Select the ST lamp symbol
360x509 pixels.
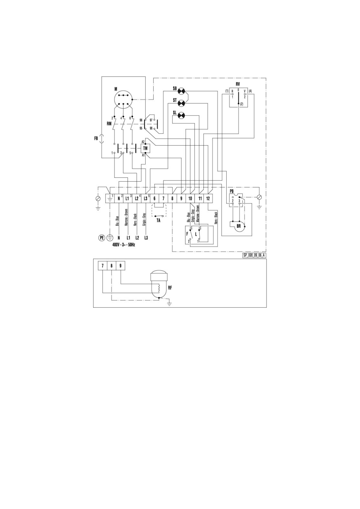pyautogui.click(x=182, y=103)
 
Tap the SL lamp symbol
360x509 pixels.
pyautogui.click(x=182, y=115)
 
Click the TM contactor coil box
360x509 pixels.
pyautogui.click(x=146, y=148)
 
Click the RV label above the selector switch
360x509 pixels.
pyautogui.click(x=238, y=85)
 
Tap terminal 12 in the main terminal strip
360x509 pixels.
pyautogui.click(x=208, y=198)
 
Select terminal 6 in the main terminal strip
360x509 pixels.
pyautogui.click(x=155, y=198)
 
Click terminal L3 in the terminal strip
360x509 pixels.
pyautogui.click(x=146, y=198)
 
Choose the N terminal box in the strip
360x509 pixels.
pyautogui.click(x=119, y=198)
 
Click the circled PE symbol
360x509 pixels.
pyautogui.click(x=102, y=238)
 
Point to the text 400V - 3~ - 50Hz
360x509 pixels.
pyautogui.click(x=124, y=244)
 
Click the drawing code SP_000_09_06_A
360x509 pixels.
pyautogui.click(x=254, y=255)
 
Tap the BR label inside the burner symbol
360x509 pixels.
pyautogui.click(x=239, y=226)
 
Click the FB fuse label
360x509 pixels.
pyautogui.click(x=96, y=139)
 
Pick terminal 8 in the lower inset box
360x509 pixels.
pyautogui.click(x=112, y=266)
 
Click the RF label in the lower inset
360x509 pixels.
pyautogui.click(x=170, y=288)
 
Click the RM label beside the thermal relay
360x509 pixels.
pyautogui.click(x=109, y=124)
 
